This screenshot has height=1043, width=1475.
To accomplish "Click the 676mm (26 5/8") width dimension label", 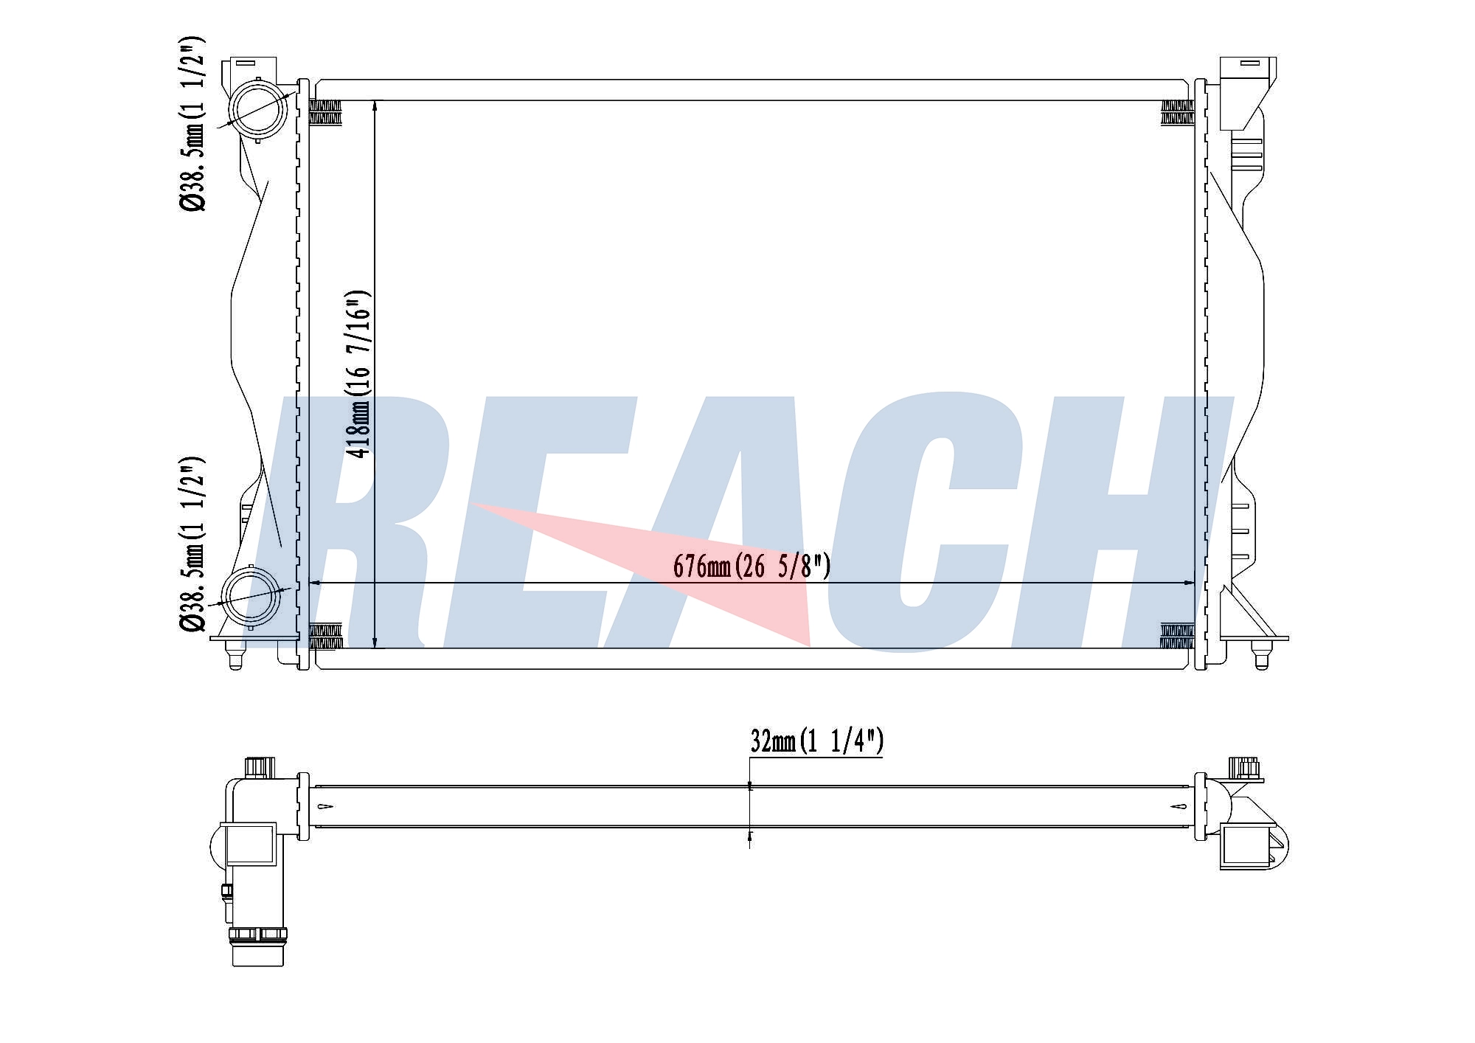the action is (x=752, y=566).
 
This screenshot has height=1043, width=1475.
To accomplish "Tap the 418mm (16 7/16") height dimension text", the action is (x=359, y=374).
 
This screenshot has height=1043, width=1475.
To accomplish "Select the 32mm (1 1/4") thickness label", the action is (x=816, y=741).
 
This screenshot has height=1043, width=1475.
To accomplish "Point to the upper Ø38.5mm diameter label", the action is (x=192, y=123).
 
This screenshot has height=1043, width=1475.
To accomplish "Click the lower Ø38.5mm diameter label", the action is (x=192, y=544).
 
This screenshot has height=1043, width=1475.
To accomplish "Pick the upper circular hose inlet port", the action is (x=257, y=110).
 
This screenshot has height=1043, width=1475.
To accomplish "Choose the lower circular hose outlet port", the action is (x=251, y=597).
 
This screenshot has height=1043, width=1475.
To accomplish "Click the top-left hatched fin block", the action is (x=325, y=113).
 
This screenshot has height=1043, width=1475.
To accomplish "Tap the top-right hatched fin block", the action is (x=1177, y=113).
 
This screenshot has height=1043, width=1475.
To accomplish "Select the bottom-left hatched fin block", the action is (x=325, y=637).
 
